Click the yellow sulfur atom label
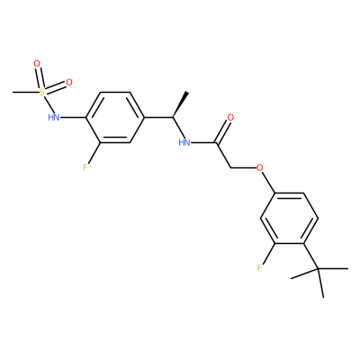click(42, 92)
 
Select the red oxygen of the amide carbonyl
click(230, 117)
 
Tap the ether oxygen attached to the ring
click(259, 167)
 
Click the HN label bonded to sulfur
click(54, 117)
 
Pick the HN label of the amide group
click(184, 142)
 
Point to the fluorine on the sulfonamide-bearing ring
click(85, 167)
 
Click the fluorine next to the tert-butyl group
click(259, 267)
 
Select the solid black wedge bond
click(180, 104)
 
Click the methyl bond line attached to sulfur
click(26, 92)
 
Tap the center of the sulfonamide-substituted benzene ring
click(115, 117)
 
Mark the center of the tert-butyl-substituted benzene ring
click(289, 219)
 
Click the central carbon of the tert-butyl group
click(319, 269)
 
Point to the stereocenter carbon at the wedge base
click(173, 118)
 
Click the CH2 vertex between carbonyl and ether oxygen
click(230, 167)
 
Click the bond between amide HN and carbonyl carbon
click(203, 142)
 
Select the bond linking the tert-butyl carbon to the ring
click(311, 256)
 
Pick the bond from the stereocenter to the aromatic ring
click(158, 118)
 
